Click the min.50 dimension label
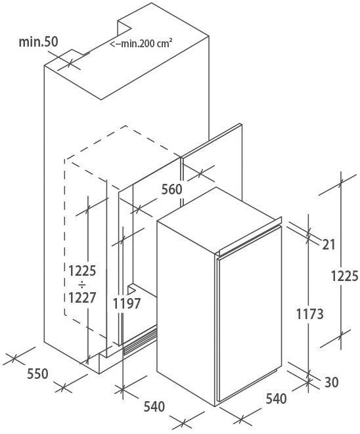[39, 42]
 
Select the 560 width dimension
[171, 189]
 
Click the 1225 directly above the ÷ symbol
[82, 271]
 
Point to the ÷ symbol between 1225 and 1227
[82, 284]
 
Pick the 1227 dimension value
[82, 298]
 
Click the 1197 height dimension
[127, 303]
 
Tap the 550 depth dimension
[37, 374]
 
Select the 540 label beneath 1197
[154, 406]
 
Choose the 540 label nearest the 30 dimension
[277, 399]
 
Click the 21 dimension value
[328, 245]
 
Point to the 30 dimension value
[332, 382]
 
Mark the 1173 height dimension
[309, 314]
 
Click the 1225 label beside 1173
[344, 276]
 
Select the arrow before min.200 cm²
[116, 44]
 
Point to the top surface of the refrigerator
[219, 219]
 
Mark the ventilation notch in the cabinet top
[125, 28]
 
